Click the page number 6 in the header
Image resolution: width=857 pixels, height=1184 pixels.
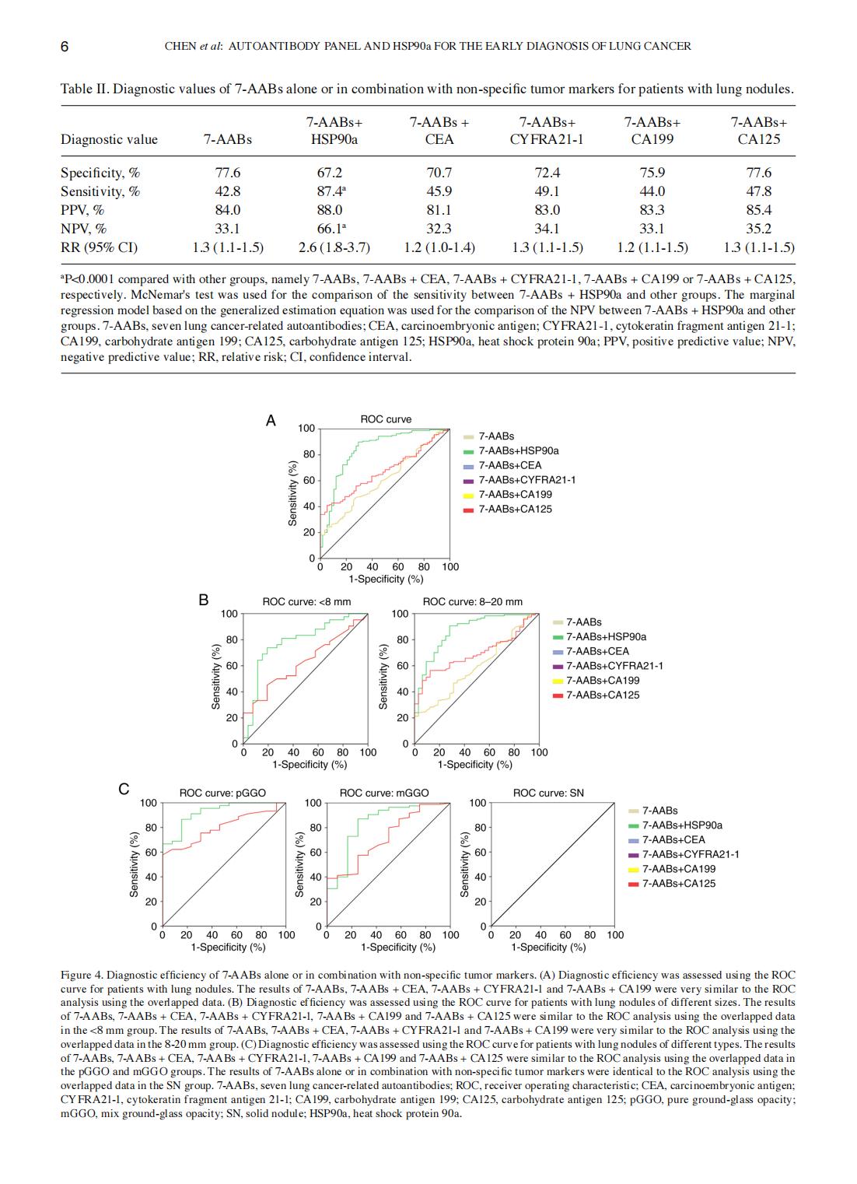coord(65,46)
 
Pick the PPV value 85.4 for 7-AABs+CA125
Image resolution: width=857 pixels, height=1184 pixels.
coord(758,210)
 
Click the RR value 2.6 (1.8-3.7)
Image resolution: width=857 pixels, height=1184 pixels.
coord(334,247)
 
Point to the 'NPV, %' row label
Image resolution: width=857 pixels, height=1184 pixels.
coord(84,229)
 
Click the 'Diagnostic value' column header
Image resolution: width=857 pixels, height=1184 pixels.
coord(109,139)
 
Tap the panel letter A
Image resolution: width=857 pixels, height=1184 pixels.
coord(271,421)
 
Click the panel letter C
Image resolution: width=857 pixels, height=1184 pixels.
coord(123,789)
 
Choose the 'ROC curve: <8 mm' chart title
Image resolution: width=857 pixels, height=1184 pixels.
coord(306,601)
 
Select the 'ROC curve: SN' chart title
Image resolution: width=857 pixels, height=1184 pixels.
coord(548,793)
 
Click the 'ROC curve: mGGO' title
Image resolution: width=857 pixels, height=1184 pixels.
coord(384,793)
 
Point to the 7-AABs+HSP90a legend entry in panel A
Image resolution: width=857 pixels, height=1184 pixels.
coord(518,450)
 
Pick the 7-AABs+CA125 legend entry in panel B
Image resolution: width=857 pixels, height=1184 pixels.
coord(603,695)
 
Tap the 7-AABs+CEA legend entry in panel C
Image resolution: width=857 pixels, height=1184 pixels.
coord(673,839)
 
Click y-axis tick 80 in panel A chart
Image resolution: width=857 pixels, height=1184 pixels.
coord(308,454)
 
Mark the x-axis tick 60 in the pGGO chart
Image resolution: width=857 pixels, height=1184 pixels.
coord(236,934)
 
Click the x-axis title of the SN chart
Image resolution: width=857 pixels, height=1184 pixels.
coord(548,947)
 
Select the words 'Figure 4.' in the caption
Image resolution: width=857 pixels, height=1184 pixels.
coord(82,975)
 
